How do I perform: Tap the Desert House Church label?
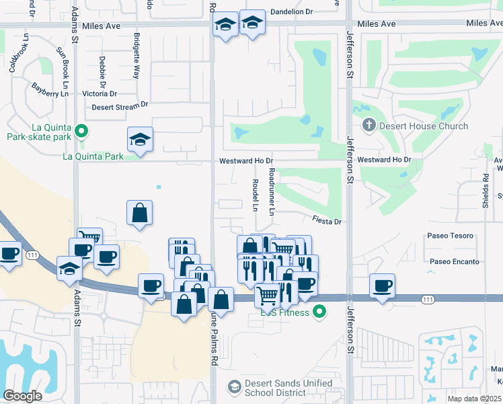[x=424, y=126]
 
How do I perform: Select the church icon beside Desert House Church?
[x=369, y=125]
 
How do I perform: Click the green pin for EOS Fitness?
[x=320, y=312]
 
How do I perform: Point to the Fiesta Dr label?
[x=327, y=221]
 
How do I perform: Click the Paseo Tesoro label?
[x=450, y=236]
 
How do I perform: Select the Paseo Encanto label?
[x=453, y=261]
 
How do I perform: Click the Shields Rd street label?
[x=485, y=191]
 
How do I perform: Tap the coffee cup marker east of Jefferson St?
[x=382, y=286]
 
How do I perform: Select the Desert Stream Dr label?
[x=120, y=105]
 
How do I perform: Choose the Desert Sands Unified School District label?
[x=288, y=388]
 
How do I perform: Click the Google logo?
[x=22, y=396]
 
